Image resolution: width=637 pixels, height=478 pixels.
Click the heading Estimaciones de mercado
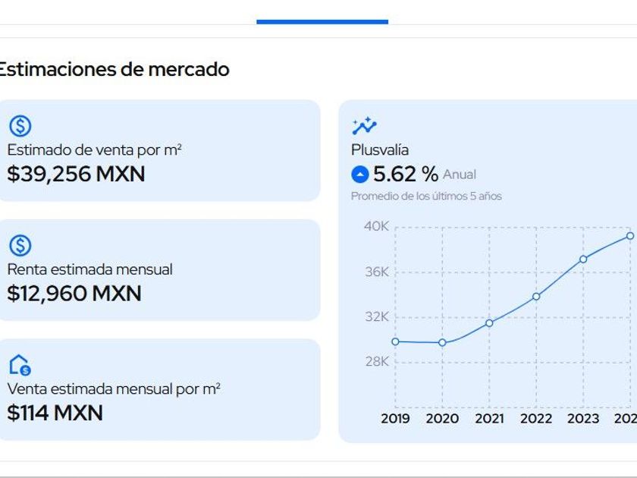click(114, 70)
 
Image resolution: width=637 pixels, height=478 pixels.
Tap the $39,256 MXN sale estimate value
click(76, 175)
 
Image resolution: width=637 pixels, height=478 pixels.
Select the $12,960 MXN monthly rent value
click(74, 294)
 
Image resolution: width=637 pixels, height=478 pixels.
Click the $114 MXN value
click(55, 414)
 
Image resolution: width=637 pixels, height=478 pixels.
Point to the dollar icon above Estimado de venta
click(20, 126)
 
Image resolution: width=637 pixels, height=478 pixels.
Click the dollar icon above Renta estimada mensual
click(20, 245)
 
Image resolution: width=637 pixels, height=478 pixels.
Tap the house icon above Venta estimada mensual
click(20, 365)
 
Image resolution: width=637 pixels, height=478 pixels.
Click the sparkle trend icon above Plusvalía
click(364, 126)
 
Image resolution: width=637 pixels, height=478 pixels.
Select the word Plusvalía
click(380, 150)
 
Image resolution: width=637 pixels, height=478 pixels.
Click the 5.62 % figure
click(406, 175)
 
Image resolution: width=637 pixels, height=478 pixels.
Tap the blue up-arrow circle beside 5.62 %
click(360, 175)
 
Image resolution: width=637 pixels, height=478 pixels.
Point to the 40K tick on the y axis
click(376, 226)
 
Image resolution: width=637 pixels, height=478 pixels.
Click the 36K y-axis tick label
click(376, 272)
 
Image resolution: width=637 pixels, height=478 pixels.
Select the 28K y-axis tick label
click(376, 361)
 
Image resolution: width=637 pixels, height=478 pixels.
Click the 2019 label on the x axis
click(395, 418)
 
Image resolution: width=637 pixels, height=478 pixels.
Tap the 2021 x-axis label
click(489, 418)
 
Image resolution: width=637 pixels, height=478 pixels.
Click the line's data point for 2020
click(442, 342)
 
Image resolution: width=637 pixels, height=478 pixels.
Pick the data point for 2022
click(536, 296)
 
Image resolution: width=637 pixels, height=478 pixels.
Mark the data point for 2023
click(583, 259)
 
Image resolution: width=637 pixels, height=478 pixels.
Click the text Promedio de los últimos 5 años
click(426, 197)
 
